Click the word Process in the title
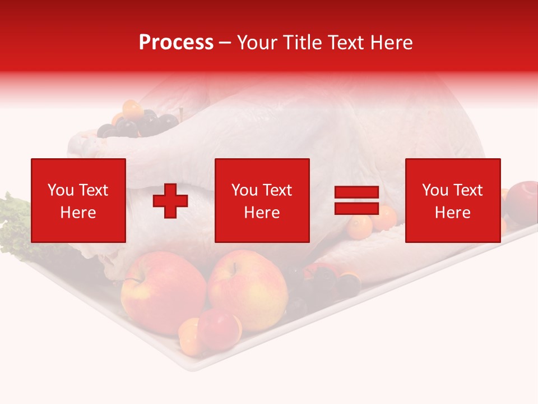coord(176,43)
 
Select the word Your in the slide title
coord(258,43)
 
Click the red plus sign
coord(170,200)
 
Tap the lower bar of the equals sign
coord(356,209)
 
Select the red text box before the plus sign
coord(78,200)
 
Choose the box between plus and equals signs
coord(262,200)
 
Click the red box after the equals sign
coord(452,200)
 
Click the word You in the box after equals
coord(435,190)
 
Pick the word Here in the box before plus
coord(78,213)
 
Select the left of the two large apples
coord(163,292)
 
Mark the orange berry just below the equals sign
coord(359,227)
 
